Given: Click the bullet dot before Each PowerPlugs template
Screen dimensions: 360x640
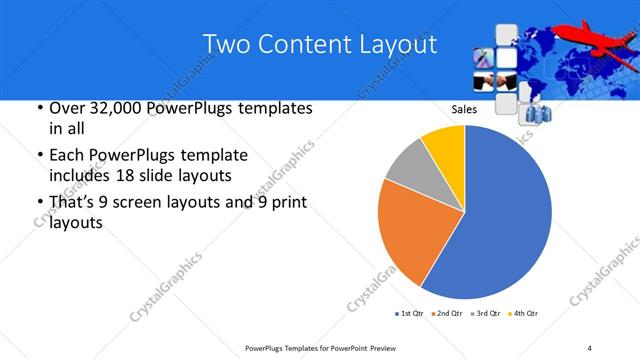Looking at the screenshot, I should [x=38, y=156].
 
